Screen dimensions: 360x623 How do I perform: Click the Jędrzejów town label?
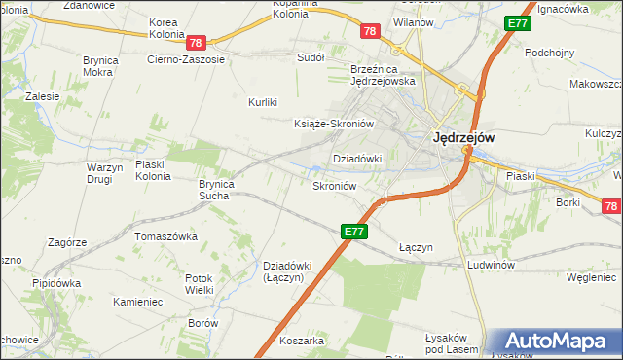463,138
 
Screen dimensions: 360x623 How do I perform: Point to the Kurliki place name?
263,102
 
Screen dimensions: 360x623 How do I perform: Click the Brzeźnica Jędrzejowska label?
384,75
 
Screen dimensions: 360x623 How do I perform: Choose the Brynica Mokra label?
101,65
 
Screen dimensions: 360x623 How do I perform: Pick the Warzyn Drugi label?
105,172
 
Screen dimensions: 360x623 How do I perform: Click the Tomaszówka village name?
166,236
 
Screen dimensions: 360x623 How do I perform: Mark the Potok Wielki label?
199,283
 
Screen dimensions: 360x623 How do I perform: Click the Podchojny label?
549,53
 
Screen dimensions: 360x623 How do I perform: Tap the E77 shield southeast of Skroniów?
354,232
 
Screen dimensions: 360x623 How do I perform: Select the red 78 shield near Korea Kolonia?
197,43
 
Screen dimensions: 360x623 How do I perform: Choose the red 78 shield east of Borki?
610,206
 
